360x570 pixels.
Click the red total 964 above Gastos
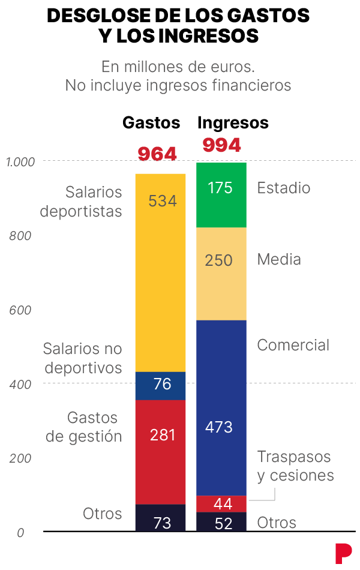pyautogui.click(x=157, y=154)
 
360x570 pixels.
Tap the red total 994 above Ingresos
pyautogui.click(x=221, y=145)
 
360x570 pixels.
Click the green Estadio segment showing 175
pyautogui.click(x=221, y=195)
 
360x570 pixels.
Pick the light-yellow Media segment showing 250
pyautogui.click(x=221, y=274)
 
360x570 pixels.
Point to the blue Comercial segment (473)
pyautogui.click(x=221, y=408)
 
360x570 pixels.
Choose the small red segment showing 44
pyautogui.click(x=221, y=503)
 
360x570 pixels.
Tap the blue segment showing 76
pyautogui.click(x=160, y=385)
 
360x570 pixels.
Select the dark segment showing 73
pyautogui.click(x=160, y=518)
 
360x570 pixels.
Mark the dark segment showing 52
pyautogui.click(x=221, y=522)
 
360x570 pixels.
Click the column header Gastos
pyautogui.click(x=151, y=123)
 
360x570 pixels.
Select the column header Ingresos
pyautogui.click(x=233, y=123)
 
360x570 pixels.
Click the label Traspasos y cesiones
pyautogui.click(x=295, y=466)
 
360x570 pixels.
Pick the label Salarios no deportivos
pyautogui.click(x=83, y=358)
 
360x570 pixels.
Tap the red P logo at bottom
pyautogui.click(x=343, y=553)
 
